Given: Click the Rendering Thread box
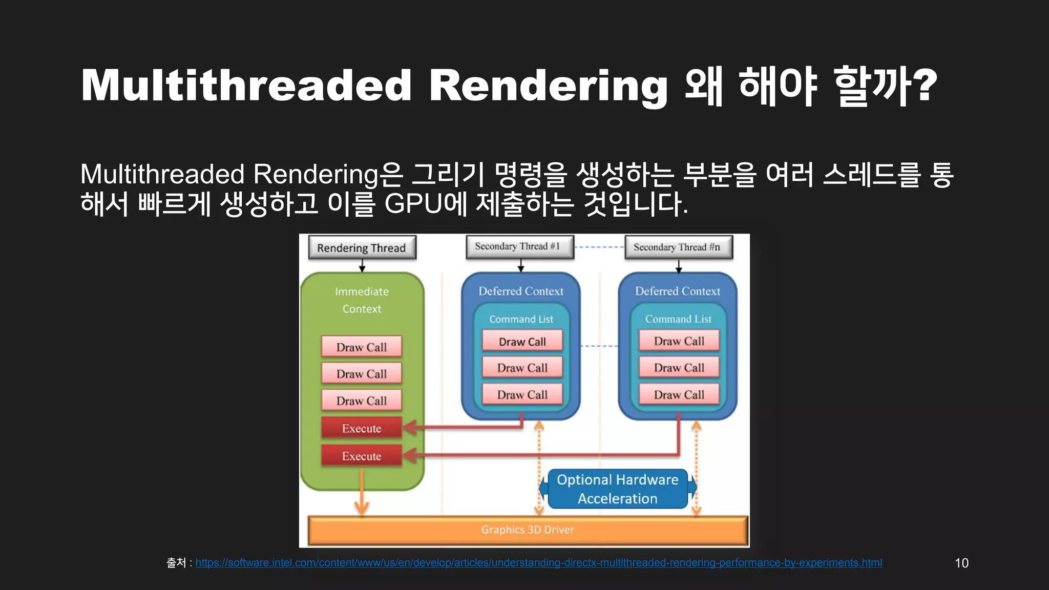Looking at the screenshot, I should click(x=362, y=248).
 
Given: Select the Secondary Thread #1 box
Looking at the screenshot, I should click(x=519, y=247).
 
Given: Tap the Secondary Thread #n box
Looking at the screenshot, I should click(x=678, y=247).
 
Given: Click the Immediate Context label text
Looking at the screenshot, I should click(x=362, y=300).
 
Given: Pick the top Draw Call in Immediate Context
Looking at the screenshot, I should click(x=362, y=347).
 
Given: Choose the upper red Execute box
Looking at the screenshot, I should click(x=362, y=428).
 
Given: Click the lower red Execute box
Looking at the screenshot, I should click(x=362, y=456).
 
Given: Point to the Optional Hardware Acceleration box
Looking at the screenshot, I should click(x=617, y=489).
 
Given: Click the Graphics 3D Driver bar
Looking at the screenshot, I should click(x=528, y=530).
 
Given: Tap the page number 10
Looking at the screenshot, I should click(x=961, y=563).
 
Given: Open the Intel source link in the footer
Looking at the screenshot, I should click(x=538, y=563).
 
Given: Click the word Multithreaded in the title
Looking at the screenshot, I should click(x=246, y=85).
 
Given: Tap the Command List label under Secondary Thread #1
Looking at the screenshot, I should click(x=521, y=319).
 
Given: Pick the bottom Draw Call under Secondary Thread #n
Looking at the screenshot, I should click(x=679, y=395).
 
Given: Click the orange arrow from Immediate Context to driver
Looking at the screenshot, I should click(x=362, y=492).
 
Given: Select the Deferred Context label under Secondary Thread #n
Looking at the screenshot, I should click(x=678, y=291).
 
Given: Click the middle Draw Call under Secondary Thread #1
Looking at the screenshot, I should click(x=522, y=368).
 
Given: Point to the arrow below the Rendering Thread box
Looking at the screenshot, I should click(x=362, y=265).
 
